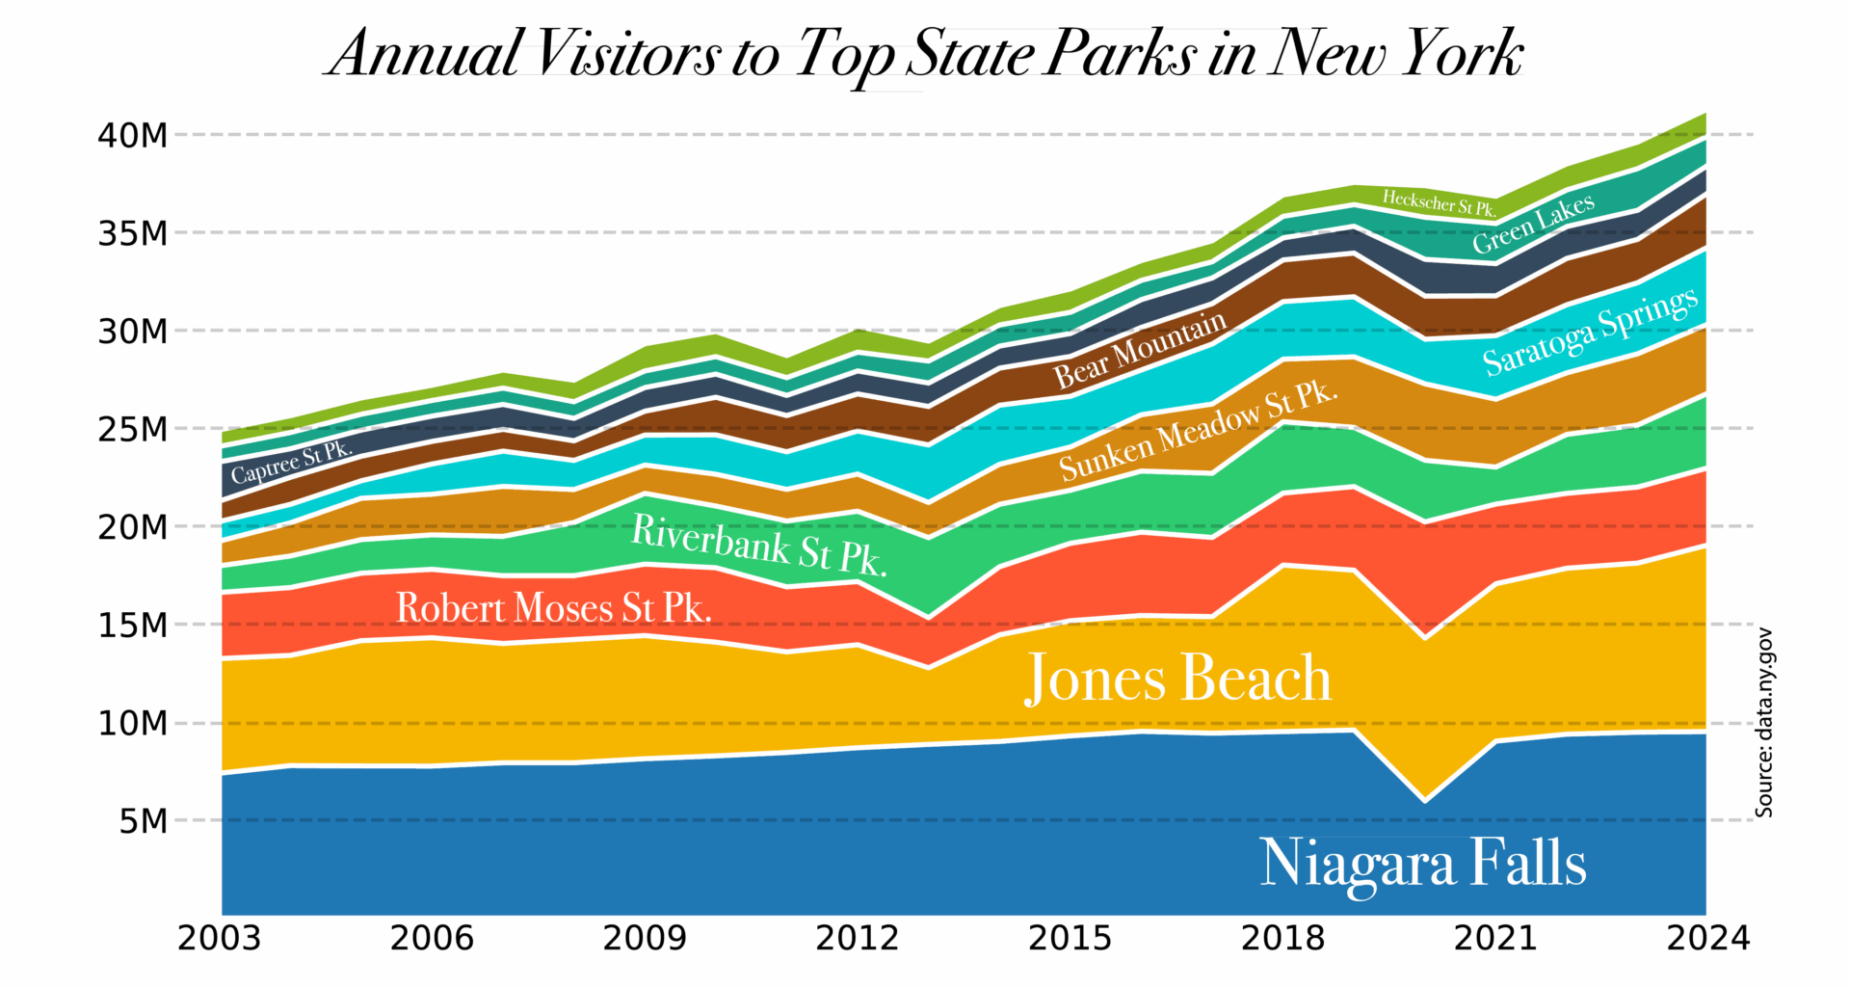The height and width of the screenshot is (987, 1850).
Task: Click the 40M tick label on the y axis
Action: (x=132, y=136)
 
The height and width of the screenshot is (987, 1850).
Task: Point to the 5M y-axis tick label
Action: (x=144, y=822)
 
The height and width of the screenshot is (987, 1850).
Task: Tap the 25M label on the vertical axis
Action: (x=132, y=430)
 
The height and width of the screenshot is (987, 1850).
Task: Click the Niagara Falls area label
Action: (x=1422, y=863)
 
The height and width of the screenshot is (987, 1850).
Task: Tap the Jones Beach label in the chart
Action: (x=1177, y=678)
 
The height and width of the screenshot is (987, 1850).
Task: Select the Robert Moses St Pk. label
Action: (x=554, y=608)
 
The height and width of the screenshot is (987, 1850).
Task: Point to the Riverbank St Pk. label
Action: (x=758, y=546)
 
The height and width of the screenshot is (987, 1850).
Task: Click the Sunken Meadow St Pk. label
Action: (x=1199, y=431)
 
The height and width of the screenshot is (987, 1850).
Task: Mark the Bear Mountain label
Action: (x=1140, y=350)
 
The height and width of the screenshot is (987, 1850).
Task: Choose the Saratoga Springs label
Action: (x=1590, y=331)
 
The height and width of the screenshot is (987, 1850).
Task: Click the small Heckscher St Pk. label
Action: (x=1439, y=202)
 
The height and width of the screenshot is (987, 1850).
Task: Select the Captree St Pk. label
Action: (x=291, y=463)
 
